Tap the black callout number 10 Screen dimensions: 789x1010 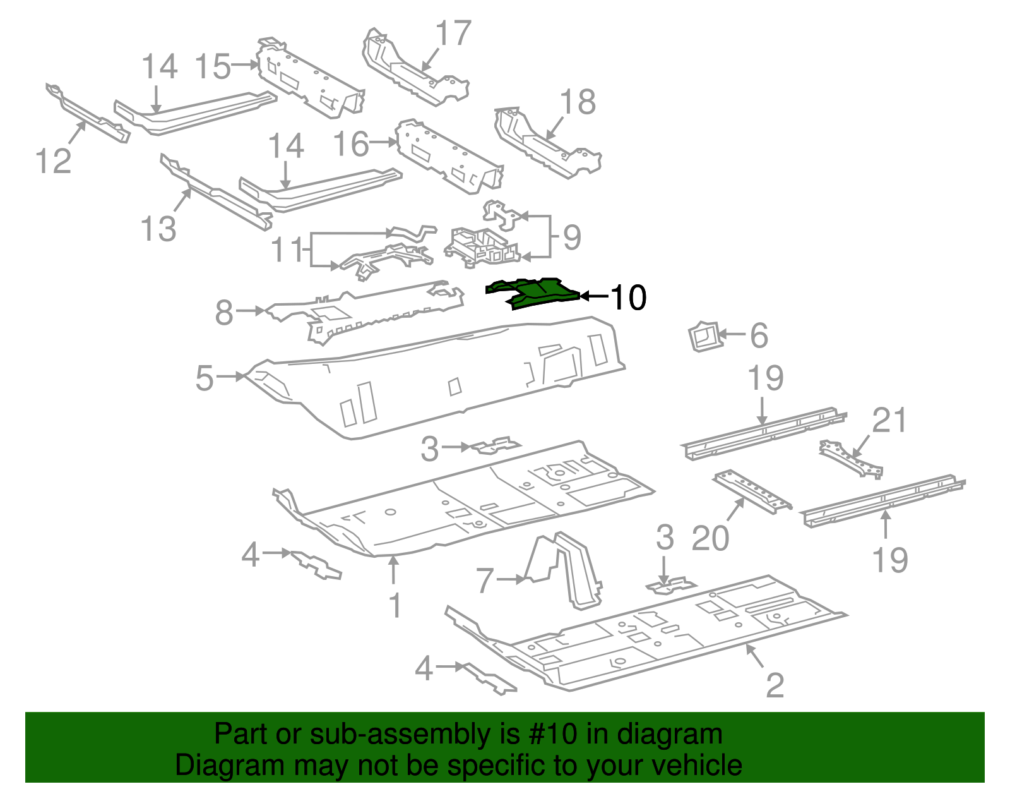(629, 297)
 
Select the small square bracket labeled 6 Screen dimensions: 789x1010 (704, 336)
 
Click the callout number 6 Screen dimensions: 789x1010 (759, 335)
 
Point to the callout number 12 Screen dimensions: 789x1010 (53, 160)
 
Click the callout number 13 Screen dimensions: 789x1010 (158, 228)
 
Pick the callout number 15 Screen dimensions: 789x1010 (213, 66)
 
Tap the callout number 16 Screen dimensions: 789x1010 (351, 144)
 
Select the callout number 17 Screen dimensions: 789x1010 (453, 33)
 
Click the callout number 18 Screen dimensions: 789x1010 (578, 102)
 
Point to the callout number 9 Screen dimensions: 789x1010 (571, 238)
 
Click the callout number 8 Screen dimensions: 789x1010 (224, 312)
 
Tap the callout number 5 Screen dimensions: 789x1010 (205, 378)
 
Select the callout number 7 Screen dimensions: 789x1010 (484, 580)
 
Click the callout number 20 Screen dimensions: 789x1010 (710, 538)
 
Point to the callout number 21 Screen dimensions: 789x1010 (889, 420)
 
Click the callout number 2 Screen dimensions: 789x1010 (775, 685)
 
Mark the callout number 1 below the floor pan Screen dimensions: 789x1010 (395, 605)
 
